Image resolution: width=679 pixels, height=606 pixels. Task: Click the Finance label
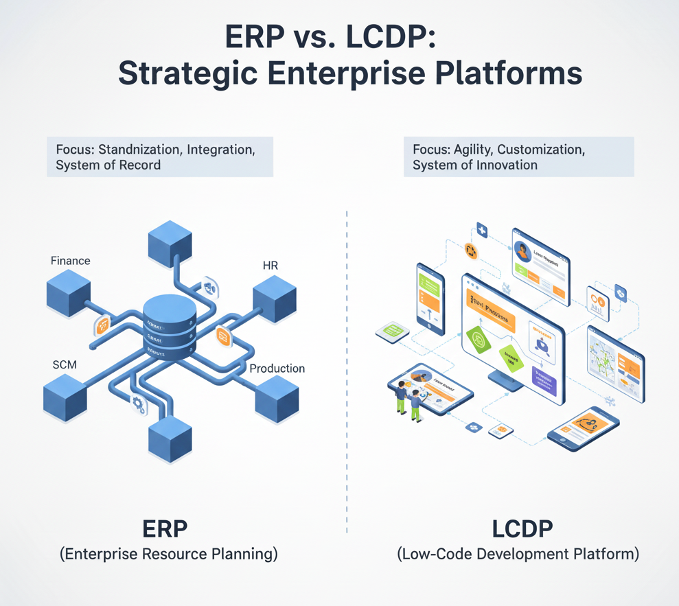pos(70,261)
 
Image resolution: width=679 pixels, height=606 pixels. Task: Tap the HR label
pos(271,265)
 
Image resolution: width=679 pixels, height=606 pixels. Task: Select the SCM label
pos(65,364)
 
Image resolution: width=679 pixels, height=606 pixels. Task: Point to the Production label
pos(277,369)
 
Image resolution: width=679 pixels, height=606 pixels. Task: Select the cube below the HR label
pos(274,299)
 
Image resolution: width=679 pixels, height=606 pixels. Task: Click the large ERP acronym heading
pos(165,530)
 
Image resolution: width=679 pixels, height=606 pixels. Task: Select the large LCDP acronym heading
pos(522,530)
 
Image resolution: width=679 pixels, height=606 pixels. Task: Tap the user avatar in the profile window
pos(524,252)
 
